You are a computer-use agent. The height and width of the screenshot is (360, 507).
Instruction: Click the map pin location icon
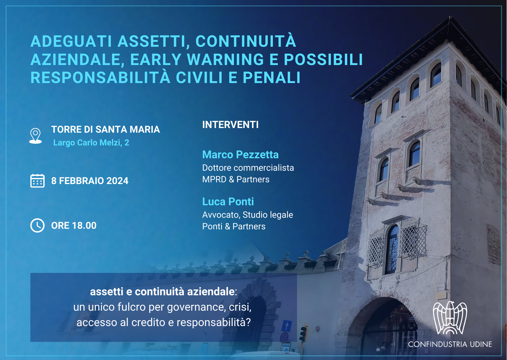[36, 136]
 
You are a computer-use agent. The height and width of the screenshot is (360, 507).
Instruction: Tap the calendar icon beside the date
[37, 181]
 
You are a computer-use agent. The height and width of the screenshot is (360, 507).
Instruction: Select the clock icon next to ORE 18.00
[37, 225]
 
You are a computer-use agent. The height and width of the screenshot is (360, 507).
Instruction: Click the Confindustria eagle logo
[450, 318]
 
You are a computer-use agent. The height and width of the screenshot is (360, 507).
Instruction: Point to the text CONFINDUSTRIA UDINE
[450, 344]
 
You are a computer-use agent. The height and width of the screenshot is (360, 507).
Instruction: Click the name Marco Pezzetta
[240, 154]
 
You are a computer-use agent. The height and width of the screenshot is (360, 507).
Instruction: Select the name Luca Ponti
[228, 201]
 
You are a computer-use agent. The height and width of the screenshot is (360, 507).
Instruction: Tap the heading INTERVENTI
[230, 125]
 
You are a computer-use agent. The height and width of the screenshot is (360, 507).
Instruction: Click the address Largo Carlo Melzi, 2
[91, 143]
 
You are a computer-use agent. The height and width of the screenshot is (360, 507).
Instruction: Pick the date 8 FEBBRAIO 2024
[90, 181]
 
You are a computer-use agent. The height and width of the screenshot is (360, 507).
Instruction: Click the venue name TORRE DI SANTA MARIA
[106, 129]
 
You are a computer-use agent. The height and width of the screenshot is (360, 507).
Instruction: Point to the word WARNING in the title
[225, 60]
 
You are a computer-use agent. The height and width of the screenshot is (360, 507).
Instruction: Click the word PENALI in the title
[271, 78]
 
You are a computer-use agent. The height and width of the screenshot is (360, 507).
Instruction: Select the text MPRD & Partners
[236, 179]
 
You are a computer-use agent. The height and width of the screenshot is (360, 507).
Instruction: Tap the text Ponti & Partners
[234, 226]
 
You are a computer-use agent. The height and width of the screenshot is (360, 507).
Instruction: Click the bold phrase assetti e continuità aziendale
[162, 291]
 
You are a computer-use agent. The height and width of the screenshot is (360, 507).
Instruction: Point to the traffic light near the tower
[303, 334]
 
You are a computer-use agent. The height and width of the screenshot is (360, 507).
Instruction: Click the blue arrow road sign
[287, 326]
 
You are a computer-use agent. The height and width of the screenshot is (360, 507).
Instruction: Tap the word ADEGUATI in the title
[71, 41]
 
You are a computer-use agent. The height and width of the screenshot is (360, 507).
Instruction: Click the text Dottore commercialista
[248, 168]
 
